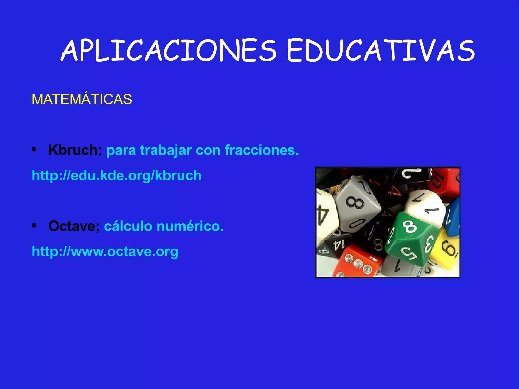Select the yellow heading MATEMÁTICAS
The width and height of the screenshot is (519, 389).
point(82,99)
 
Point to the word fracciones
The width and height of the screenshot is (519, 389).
point(262,150)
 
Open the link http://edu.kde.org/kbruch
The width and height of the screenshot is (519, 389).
point(117,175)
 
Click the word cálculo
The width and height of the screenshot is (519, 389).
point(128,226)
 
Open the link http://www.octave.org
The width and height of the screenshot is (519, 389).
point(105,251)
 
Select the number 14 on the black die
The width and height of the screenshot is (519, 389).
point(339,245)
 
